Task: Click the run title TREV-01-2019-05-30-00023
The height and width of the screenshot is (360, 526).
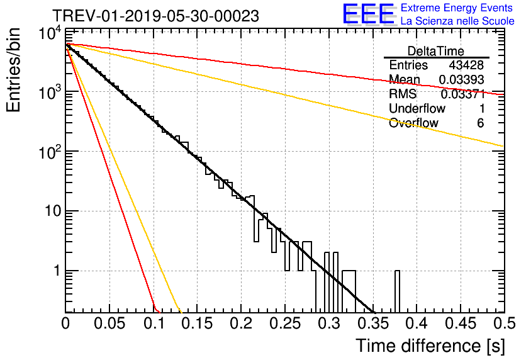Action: (155, 16)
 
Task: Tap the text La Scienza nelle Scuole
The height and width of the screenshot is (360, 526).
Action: (457, 21)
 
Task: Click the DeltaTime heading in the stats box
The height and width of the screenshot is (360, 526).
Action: (436, 51)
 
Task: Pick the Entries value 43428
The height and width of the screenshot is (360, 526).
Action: (466, 65)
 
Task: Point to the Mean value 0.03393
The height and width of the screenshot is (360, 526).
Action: (461, 80)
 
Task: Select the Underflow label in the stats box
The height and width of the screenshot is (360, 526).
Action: (417, 109)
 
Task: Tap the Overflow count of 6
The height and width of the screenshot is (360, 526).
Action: (480, 123)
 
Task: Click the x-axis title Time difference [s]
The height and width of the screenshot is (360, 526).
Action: (430, 346)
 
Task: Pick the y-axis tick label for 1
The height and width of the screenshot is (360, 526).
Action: (55, 271)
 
